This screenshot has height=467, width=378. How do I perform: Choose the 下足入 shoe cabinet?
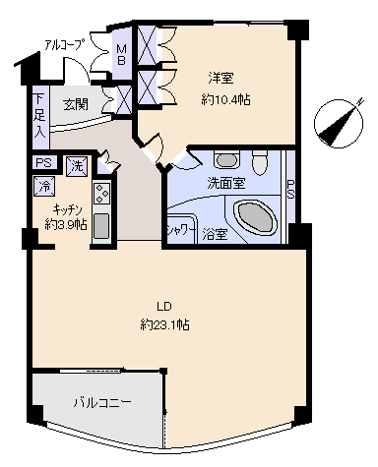(x=39, y=114)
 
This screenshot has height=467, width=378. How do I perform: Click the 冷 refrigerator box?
(x=44, y=185)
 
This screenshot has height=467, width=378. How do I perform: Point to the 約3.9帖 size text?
(x=65, y=224)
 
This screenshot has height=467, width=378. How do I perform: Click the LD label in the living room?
(x=163, y=306)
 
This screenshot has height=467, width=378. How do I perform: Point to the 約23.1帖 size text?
(x=163, y=324)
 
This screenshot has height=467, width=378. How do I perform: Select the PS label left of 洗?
(x=43, y=164)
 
